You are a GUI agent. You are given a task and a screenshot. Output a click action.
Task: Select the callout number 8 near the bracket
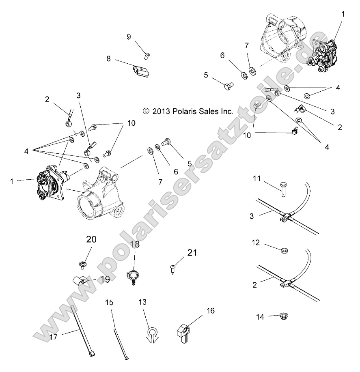pos(109,58)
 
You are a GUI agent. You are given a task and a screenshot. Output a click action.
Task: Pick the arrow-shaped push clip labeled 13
pos(152,331)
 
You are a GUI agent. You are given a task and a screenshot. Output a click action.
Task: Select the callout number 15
pos(108,303)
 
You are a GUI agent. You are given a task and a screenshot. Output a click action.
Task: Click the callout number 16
pos(210,311)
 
